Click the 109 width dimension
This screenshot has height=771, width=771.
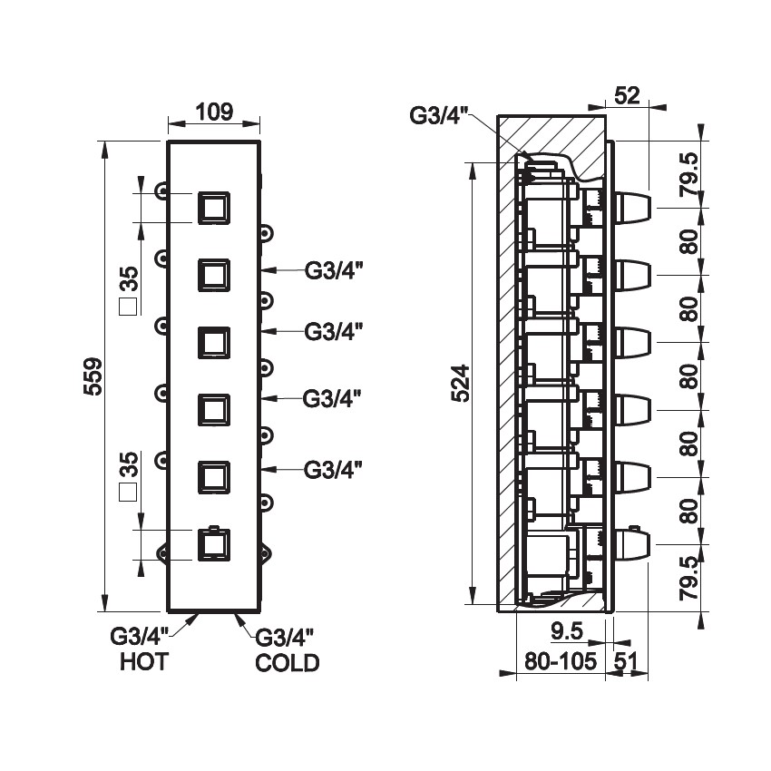[x=215, y=112]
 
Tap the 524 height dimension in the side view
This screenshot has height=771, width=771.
[x=460, y=384]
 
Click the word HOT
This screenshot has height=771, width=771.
[x=144, y=662]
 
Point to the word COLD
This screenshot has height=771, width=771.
[x=288, y=663]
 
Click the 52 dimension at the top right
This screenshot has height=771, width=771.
[x=626, y=93]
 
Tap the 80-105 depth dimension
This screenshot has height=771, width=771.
[x=561, y=662]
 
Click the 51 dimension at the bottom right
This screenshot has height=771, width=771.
[x=626, y=662]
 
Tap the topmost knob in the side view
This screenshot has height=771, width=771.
[x=631, y=208]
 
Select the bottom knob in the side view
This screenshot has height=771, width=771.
[x=631, y=544]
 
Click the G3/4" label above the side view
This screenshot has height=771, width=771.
[x=438, y=115]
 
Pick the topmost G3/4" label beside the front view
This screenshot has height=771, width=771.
[x=333, y=270]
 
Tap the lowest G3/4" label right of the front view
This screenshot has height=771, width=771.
[x=333, y=469]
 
